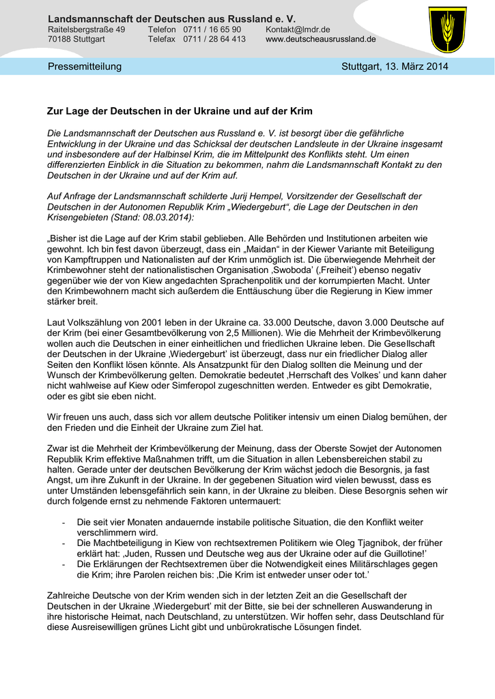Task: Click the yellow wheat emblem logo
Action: pyautogui.click(x=448, y=29)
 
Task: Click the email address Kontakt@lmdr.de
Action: pyautogui.click(x=298, y=30)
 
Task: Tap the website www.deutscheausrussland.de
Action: pyautogui.click(x=320, y=40)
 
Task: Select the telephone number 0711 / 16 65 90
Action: pyautogui.click(x=212, y=30)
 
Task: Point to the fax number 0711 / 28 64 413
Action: pyautogui.click(x=214, y=40)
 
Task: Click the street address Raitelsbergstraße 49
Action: pyautogui.click(x=86, y=30)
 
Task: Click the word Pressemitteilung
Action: pyautogui.click(x=85, y=66)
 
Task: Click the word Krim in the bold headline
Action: pyautogui.click(x=301, y=111)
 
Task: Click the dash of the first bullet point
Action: pyautogui.click(x=63, y=522)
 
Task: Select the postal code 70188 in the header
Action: pyautogui.click(x=59, y=40)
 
